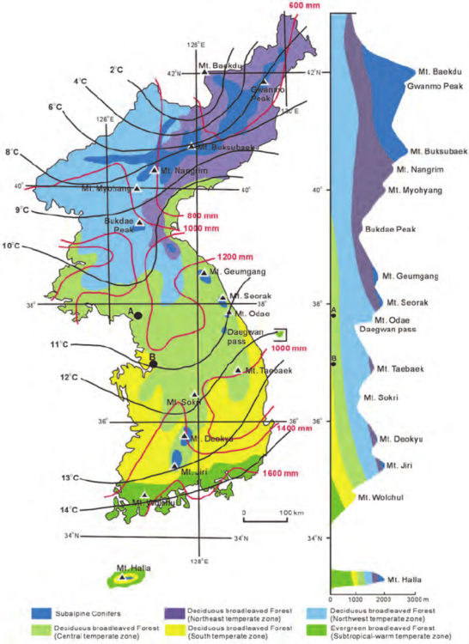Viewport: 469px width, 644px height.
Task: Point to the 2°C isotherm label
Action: tap(117, 69)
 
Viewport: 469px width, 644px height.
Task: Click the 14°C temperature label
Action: tap(68, 510)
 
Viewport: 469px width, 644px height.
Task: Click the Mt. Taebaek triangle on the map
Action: tap(238, 370)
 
